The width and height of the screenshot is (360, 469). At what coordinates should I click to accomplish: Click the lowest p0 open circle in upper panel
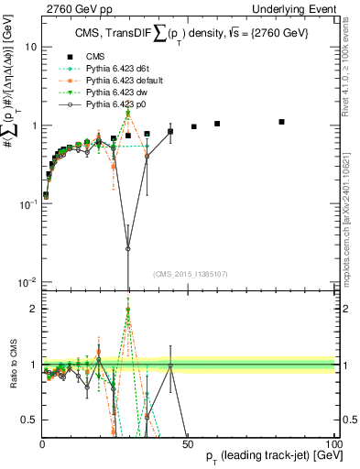pyautogui.click(x=128, y=248)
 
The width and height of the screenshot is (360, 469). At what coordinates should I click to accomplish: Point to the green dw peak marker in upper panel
pyautogui.click(x=128, y=113)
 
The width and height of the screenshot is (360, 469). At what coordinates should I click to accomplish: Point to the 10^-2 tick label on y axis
pyautogui.click(x=27, y=282)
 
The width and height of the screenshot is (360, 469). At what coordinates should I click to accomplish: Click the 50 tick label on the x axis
pyautogui.click(x=187, y=443)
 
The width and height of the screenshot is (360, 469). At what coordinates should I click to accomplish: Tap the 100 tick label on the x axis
pyautogui.click(x=333, y=443)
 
